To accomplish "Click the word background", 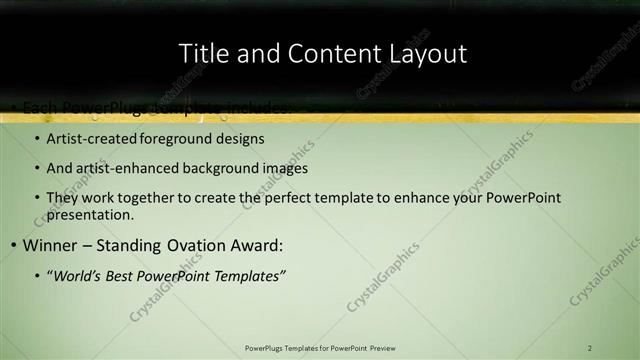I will [220, 168].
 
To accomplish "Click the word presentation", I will [88, 214].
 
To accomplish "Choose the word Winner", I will [49, 245].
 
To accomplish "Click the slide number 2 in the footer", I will [590, 348].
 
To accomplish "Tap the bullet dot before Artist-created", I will [37, 140].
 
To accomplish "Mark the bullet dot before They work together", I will [37, 199].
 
